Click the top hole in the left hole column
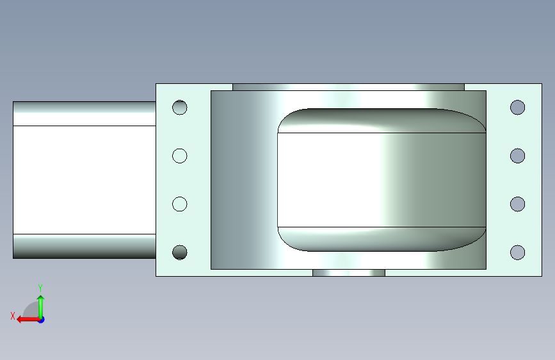coord(180,108)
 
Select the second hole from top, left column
coord(180,156)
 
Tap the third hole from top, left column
coord(180,204)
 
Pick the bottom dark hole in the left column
coord(180,252)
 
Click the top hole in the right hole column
coord(517,108)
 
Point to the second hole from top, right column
coord(517,156)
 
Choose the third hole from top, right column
coord(517,204)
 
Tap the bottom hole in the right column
coord(517,252)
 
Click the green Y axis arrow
coord(41,307)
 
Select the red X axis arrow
coord(29,320)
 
